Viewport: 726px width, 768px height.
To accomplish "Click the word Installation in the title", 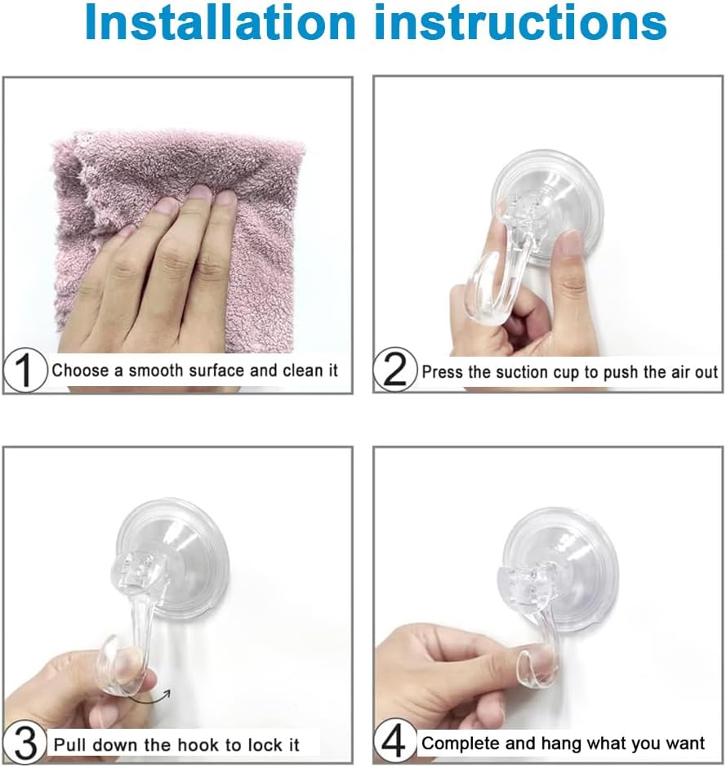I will [x=216, y=24].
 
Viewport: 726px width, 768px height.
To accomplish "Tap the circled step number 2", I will [x=395, y=371].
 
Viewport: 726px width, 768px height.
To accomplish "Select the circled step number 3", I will [x=25, y=744].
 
